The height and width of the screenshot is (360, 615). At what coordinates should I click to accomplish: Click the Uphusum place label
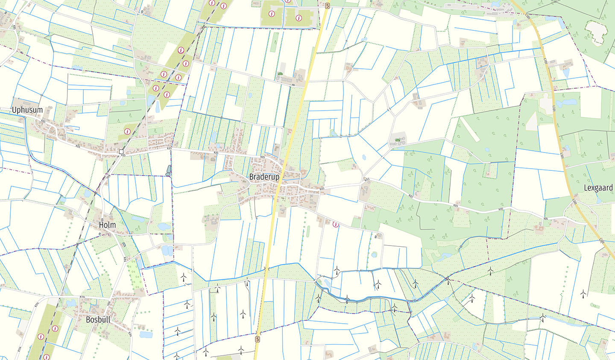point(27,110)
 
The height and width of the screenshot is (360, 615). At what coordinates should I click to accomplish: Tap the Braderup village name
point(264,177)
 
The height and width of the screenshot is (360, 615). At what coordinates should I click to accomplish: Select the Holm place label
point(107,225)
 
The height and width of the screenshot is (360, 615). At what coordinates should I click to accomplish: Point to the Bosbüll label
point(98,319)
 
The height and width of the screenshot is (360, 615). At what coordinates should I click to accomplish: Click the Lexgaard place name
point(598,188)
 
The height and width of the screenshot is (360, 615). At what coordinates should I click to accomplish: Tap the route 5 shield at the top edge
point(327,6)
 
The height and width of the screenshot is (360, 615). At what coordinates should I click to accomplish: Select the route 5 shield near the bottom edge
point(257,339)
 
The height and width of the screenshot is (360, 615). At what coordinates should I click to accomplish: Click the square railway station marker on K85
point(122,152)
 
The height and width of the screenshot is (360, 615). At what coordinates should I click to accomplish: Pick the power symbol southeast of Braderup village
point(336,224)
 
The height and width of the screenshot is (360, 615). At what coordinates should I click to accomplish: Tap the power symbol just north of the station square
point(127,132)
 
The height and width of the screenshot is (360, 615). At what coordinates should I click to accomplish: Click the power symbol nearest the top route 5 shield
point(299,18)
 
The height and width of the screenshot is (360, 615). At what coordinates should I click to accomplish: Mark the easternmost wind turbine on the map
point(583,293)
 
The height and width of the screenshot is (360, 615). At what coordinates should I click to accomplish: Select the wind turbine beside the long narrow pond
point(542,317)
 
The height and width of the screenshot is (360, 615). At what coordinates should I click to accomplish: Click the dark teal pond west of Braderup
point(168,171)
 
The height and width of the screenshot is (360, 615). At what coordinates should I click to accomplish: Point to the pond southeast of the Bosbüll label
point(146,335)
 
